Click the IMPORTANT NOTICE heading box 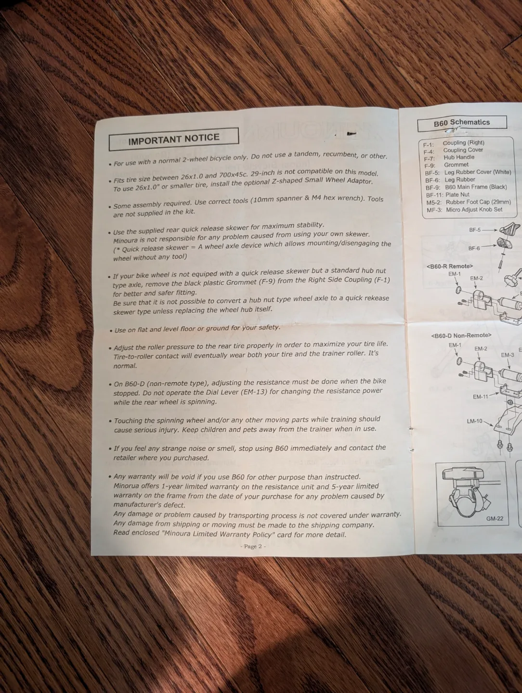click(x=174, y=139)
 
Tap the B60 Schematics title click(x=461, y=123)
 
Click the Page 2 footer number click(x=253, y=546)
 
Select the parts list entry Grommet click(x=456, y=165)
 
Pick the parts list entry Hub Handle click(x=458, y=157)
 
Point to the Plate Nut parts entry click(x=457, y=195)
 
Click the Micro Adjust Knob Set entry click(x=474, y=210)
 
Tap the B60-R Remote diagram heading click(x=449, y=266)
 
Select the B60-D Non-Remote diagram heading click(x=461, y=335)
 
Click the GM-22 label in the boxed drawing click(x=495, y=518)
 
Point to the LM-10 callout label click(x=474, y=421)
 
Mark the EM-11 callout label click(x=480, y=397)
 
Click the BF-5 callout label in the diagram click(x=475, y=230)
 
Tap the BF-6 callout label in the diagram click(x=474, y=248)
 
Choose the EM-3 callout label click(x=507, y=355)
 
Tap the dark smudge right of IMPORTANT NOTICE click(x=351, y=133)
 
